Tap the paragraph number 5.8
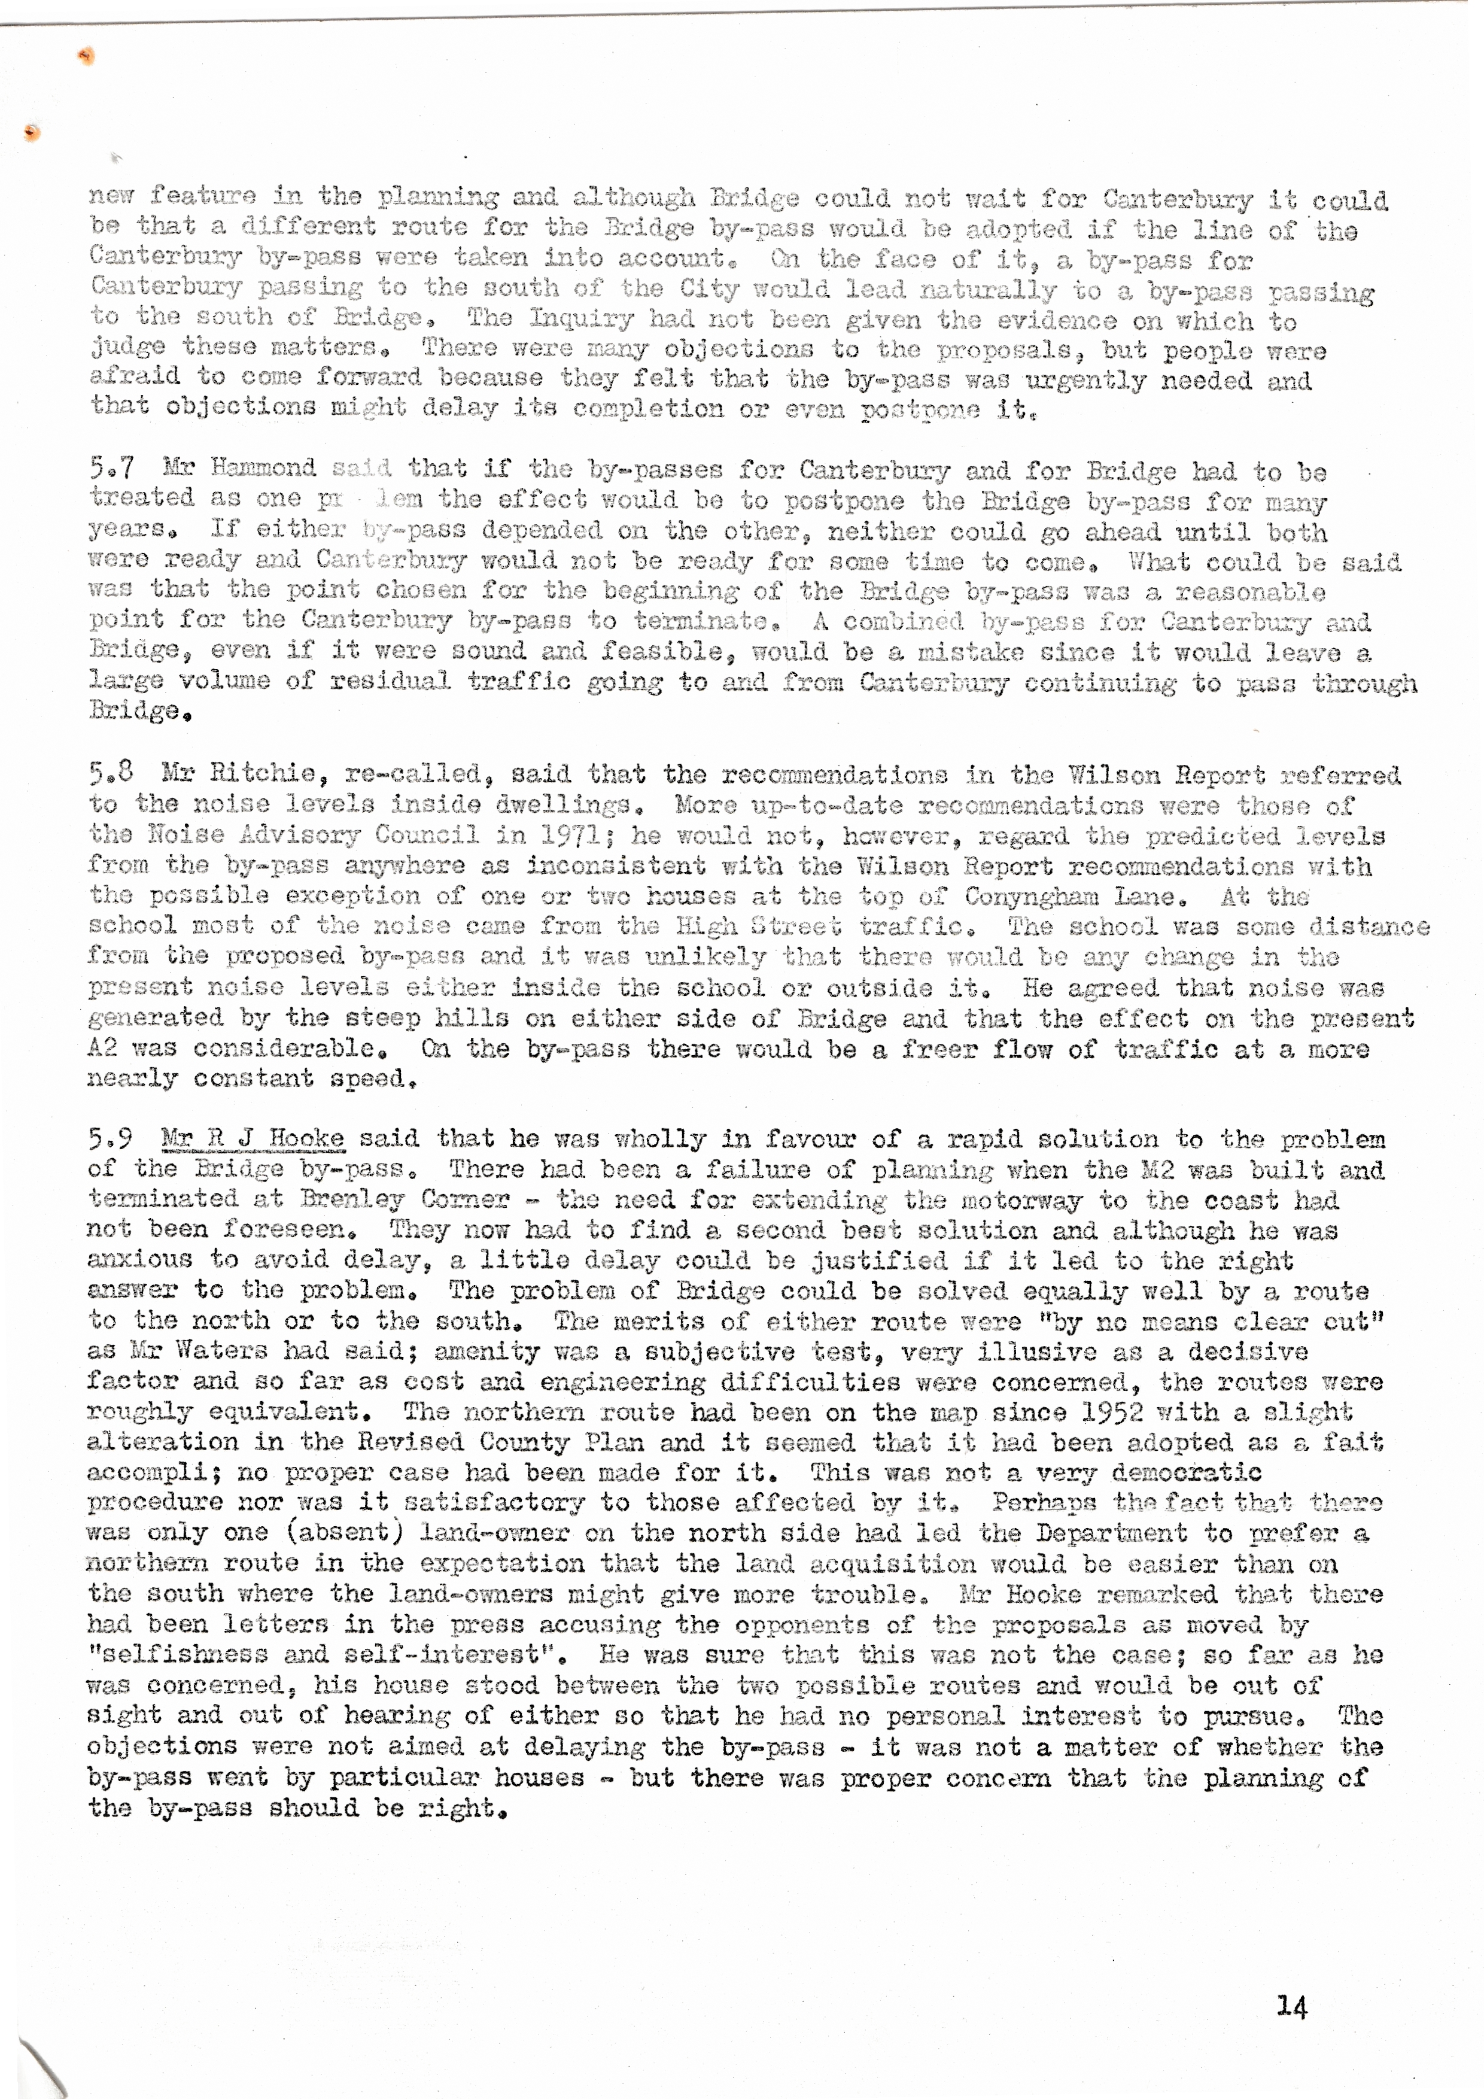111,773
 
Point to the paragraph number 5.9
111,1138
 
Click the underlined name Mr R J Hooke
253,1138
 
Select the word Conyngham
1023,897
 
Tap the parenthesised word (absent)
337,1534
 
